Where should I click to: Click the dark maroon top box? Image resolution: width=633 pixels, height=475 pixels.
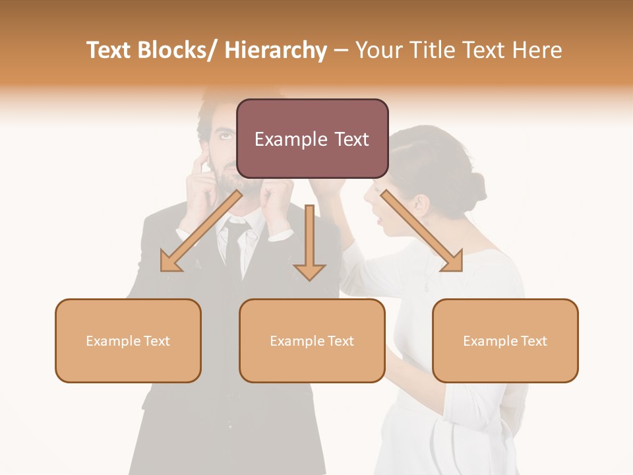click(312, 139)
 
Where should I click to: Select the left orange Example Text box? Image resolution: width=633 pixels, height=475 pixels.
click(128, 340)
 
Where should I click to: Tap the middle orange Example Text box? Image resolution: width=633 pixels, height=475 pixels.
click(312, 340)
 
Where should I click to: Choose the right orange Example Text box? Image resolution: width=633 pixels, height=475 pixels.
click(505, 340)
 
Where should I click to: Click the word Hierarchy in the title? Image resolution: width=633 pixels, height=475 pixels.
click(276, 50)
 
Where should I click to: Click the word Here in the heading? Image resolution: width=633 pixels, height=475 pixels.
click(536, 50)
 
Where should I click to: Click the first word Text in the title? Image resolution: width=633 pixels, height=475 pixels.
click(111, 50)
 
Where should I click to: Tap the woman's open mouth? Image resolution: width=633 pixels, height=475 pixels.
click(377, 214)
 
